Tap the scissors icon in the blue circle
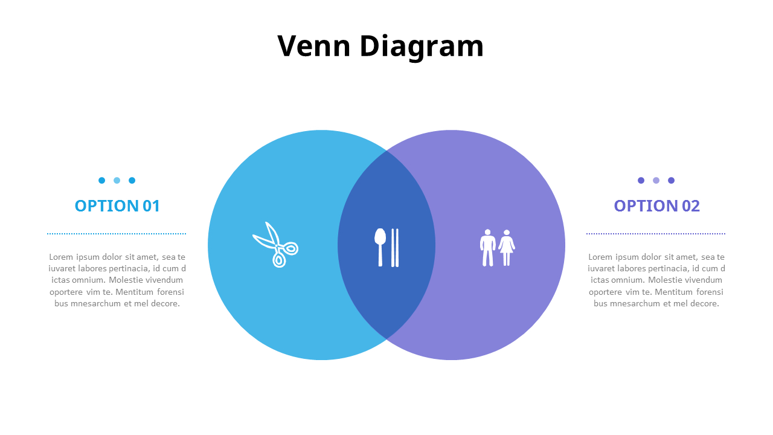coord(275,245)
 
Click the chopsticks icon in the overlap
coord(395,247)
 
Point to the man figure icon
coord(487,248)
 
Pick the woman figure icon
coord(507,248)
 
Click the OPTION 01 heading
coord(117,206)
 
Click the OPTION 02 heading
coord(656,206)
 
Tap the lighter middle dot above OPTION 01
coord(117,180)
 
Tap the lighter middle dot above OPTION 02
coord(656,180)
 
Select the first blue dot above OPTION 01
coord(101,180)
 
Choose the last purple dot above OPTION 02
coord(671,180)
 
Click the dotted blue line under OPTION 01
coord(117,233)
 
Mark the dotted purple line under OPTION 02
coord(656,233)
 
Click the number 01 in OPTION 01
coord(151,206)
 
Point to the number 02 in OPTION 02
coord(690,206)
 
